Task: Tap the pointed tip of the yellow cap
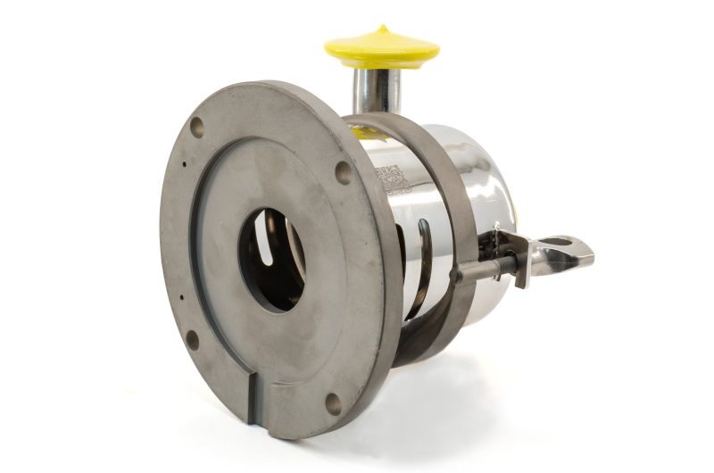[383, 29]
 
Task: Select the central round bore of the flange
[272, 259]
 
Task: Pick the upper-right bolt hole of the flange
[343, 172]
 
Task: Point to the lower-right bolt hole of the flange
[333, 402]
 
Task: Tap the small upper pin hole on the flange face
[183, 164]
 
